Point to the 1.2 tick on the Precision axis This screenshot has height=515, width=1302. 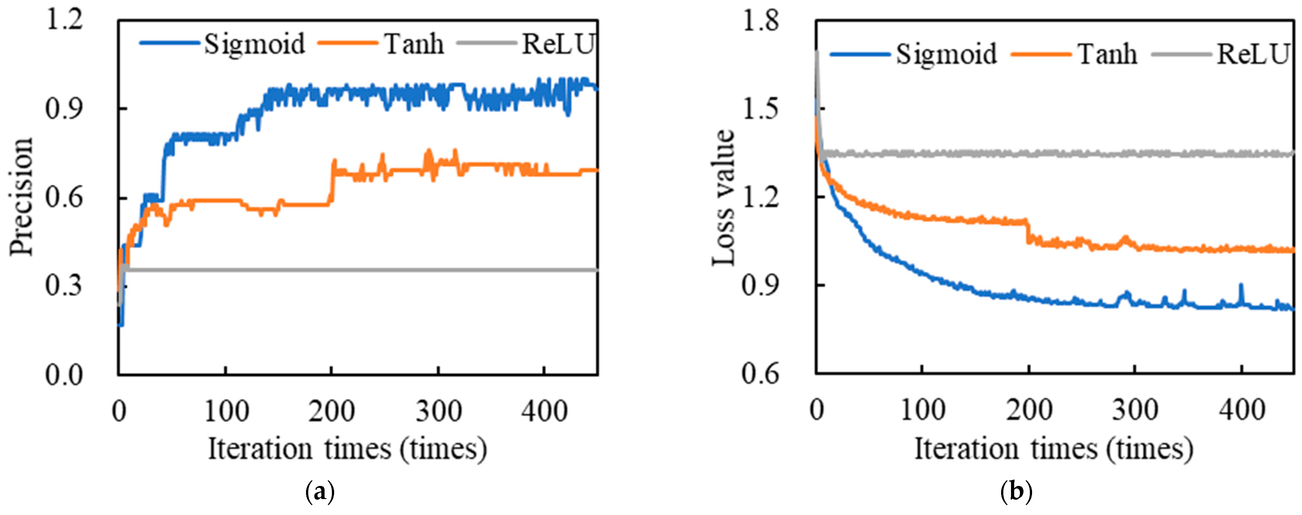(x=64, y=21)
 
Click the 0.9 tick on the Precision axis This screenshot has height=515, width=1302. (x=64, y=109)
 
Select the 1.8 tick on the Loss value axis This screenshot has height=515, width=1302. (x=760, y=21)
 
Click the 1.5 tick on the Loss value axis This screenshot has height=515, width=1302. (x=760, y=109)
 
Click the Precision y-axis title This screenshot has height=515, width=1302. (x=21, y=197)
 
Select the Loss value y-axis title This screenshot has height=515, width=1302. (x=723, y=197)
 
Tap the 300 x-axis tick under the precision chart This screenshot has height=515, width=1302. (x=438, y=411)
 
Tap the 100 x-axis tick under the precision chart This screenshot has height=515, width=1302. (x=226, y=411)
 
